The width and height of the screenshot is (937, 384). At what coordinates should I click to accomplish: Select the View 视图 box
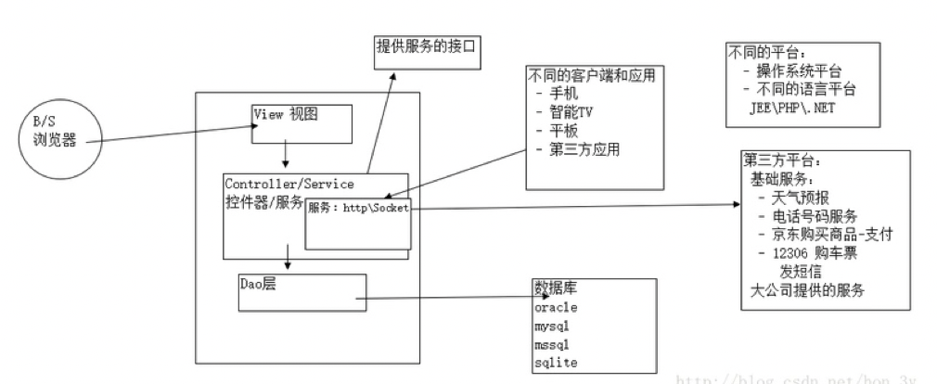click(x=302, y=123)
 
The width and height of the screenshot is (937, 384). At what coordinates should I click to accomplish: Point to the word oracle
click(x=557, y=307)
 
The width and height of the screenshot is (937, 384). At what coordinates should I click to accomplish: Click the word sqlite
click(x=555, y=363)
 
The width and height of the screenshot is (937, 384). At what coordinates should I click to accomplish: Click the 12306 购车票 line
click(x=804, y=253)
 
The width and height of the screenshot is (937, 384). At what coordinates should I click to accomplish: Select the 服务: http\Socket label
click(x=358, y=208)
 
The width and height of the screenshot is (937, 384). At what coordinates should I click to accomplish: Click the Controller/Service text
click(x=289, y=184)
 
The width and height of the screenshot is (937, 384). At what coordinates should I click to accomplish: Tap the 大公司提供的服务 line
click(x=806, y=290)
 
